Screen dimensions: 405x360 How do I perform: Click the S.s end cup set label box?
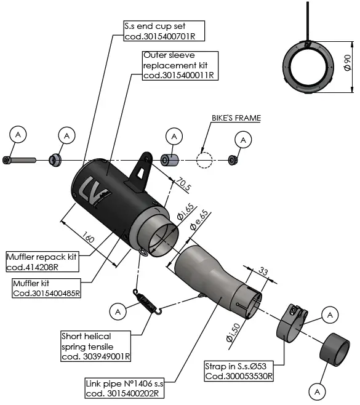pos(164,31)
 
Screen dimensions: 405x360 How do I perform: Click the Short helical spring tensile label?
pos(95,346)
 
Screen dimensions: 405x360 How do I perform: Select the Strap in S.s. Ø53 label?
pos(239,371)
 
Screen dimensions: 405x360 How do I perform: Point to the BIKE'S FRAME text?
pos(236,118)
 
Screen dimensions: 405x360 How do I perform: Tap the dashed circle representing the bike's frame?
pos(204,160)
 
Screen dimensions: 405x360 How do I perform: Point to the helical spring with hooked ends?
pos(148,303)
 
